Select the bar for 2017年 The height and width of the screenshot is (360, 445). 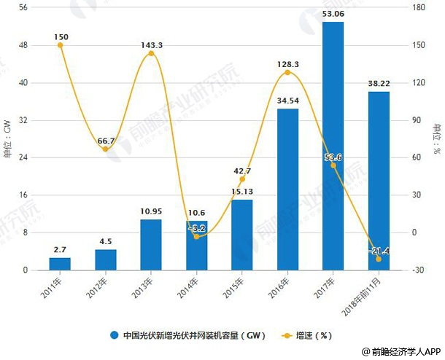tap(333, 146)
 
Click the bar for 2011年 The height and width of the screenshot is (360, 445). tap(60, 264)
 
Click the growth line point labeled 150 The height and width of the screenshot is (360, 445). tap(60, 45)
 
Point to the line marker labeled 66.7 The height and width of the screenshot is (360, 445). tap(105, 149)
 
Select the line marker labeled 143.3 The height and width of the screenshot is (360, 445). tap(151, 53)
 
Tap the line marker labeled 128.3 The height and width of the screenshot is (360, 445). tap(287, 72)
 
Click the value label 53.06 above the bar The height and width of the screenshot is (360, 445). tap(333, 13)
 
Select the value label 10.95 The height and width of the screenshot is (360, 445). tap(151, 211)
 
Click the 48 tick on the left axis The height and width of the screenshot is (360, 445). tap(23, 45)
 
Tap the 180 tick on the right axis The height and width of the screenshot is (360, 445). tap(417, 7)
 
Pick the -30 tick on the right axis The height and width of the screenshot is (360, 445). tap(417, 270)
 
